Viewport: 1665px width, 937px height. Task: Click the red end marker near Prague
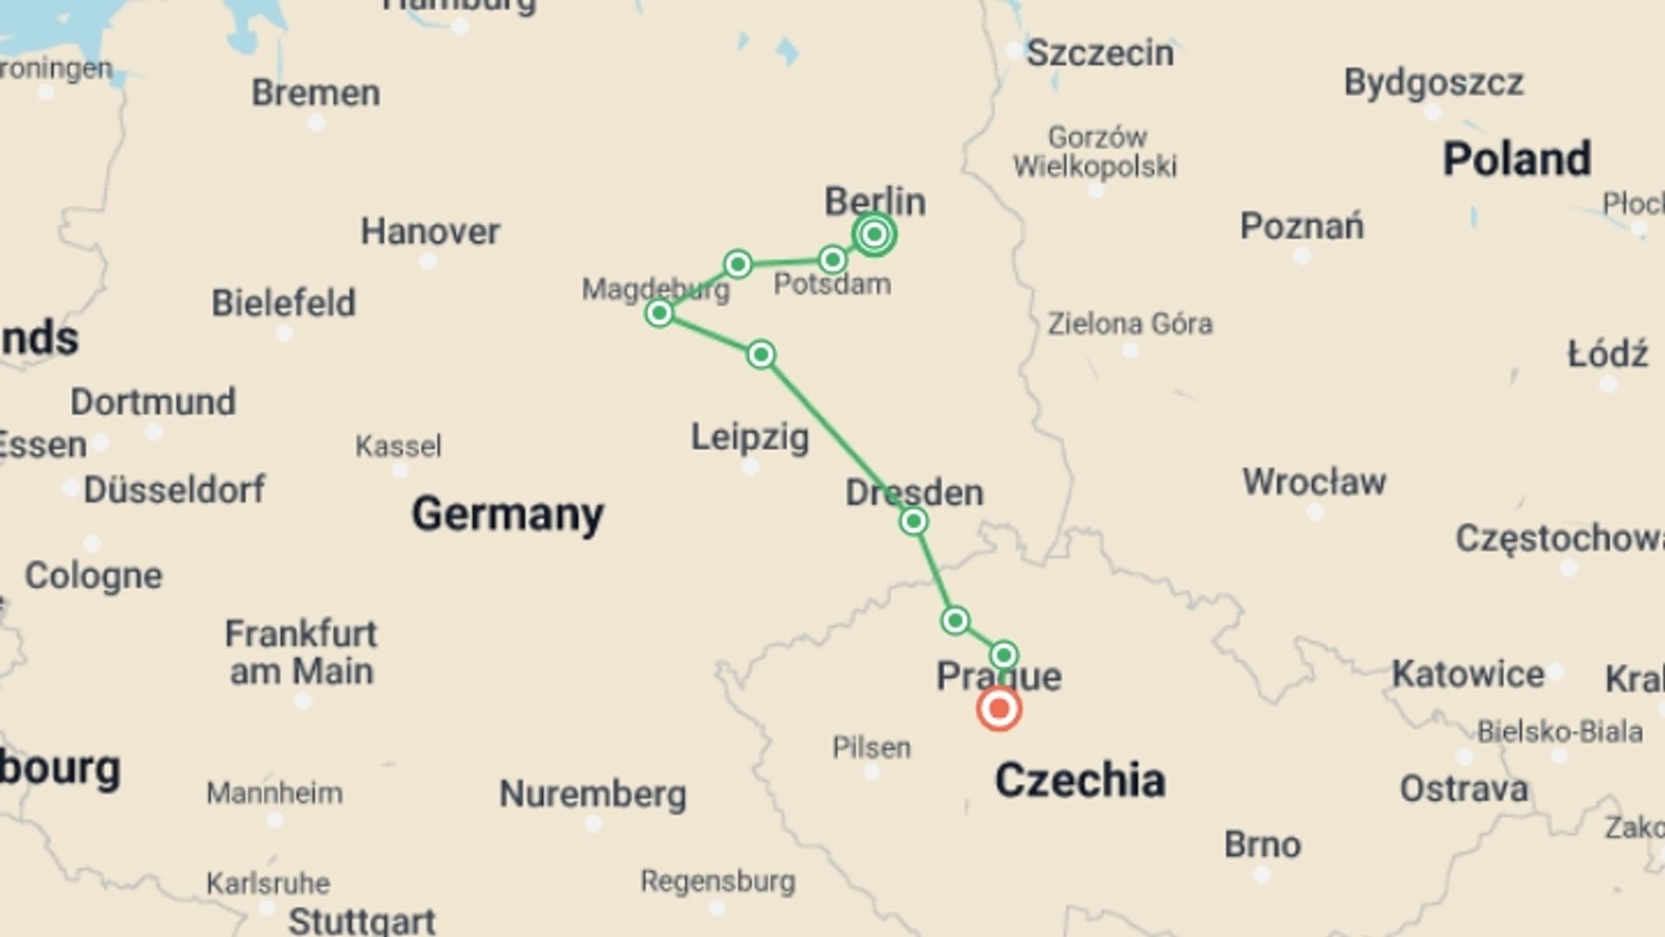coord(998,709)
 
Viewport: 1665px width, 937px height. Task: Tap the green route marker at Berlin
coord(874,234)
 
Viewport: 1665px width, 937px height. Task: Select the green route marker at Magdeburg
coord(659,312)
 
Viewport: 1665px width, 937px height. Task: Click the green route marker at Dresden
coord(913,521)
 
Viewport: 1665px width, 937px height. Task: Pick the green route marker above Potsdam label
coord(832,259)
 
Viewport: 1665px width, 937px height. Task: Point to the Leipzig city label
coord(749,436)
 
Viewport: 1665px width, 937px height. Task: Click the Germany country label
coord(507,514)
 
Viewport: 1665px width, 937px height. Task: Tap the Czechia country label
coord(1080,780)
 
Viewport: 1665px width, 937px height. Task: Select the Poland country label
coord(1517,159)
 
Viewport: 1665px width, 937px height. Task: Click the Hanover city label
coord(430,232)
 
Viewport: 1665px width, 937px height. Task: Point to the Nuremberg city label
coord(593,794)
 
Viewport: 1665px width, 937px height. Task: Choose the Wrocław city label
coord(1314,482)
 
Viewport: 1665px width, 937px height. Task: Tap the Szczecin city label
coord(1100,54)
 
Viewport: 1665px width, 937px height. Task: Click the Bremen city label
coord(316,93)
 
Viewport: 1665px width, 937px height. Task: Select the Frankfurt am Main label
coord(301,652)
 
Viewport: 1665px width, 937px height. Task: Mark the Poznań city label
coord(1302,226)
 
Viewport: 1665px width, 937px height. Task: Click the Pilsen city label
coord(872,747)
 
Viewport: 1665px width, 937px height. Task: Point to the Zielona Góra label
coord(1130,324)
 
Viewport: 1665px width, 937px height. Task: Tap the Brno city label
coord(1263,844)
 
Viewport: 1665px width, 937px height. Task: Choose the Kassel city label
coord(398,446)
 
